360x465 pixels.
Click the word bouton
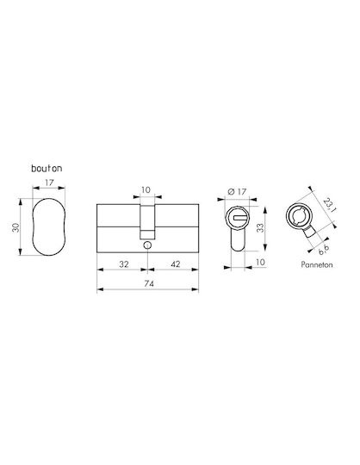(47, 169)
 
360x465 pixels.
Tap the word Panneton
(317, 264)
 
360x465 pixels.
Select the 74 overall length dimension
(149, 284)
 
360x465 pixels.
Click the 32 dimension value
(124, 264)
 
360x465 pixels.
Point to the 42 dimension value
(176, 264)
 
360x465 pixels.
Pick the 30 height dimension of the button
(16, 227)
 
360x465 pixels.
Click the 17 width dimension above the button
(49, 183)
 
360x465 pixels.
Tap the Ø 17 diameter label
(237, 191)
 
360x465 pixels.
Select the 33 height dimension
(260, 227)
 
